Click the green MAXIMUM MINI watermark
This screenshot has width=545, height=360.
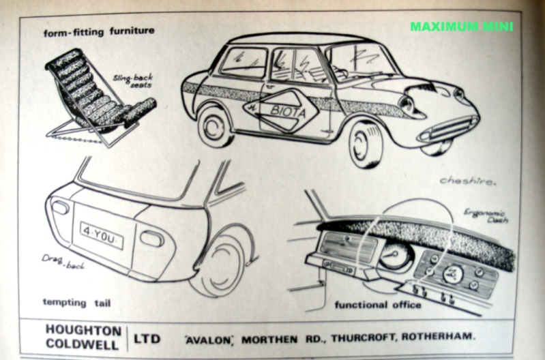tap(461, 27)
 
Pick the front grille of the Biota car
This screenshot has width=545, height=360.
tap(450, 128)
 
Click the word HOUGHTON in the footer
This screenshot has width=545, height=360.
tap(83, 329)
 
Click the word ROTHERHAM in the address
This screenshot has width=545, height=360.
tap(437, 336)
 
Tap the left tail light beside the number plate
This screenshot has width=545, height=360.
tap(59, 208)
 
